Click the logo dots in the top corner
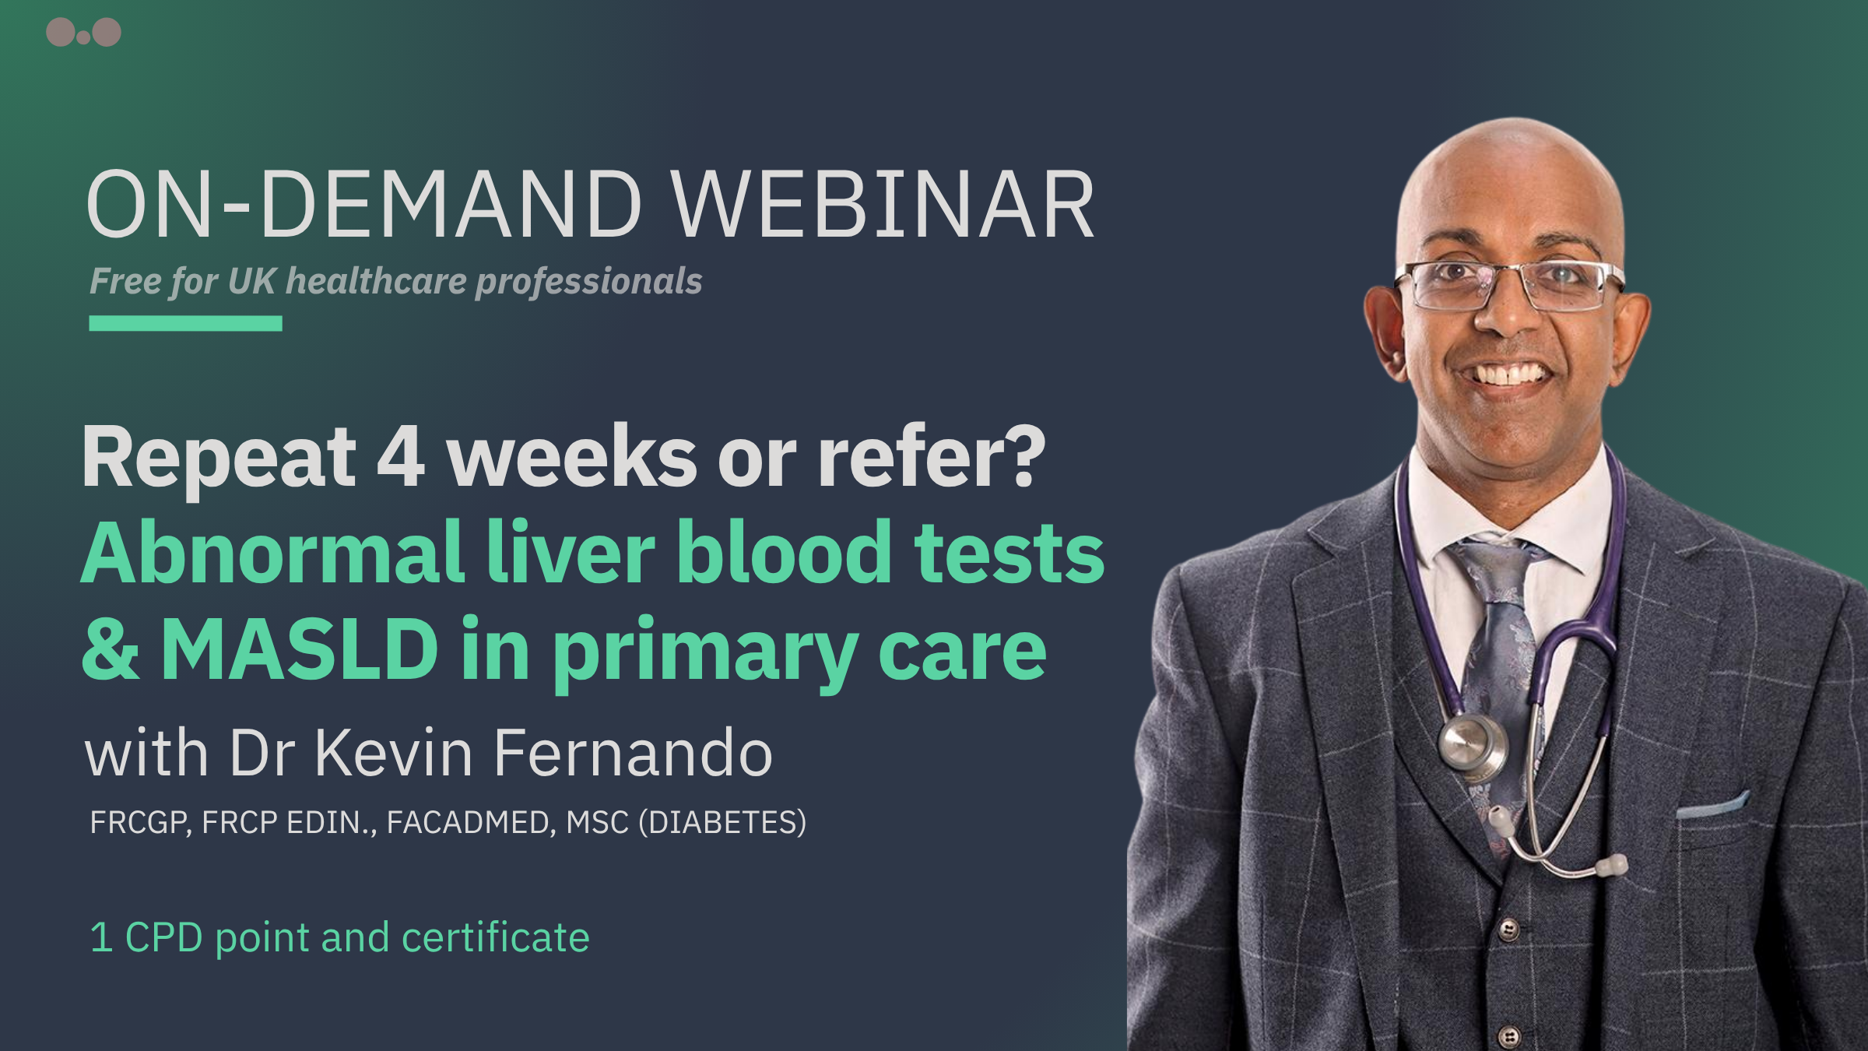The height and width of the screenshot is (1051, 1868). tap(83, 32)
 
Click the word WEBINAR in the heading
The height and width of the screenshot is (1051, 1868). tap(884, 205)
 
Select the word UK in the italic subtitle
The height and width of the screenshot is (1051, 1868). tap(251, 281)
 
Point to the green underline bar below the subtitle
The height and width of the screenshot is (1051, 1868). tap(185, 323)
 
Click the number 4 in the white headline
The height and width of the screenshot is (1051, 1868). tap(401, 458)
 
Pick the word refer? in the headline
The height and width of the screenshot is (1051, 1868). tap(931, 457)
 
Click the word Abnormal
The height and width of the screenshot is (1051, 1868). tap(273, 552)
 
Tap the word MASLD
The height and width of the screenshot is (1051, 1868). tap(300, 649)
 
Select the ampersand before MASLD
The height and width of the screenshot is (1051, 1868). tap(111, 649)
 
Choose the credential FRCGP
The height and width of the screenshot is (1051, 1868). tap(140, 823)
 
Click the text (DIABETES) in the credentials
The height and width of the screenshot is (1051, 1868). tap(722, 823)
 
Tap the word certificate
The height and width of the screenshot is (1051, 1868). tap(496, 937)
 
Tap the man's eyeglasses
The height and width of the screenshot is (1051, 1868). tap(1510, 285)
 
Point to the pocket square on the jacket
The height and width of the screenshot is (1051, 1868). tap(1712, 805)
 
